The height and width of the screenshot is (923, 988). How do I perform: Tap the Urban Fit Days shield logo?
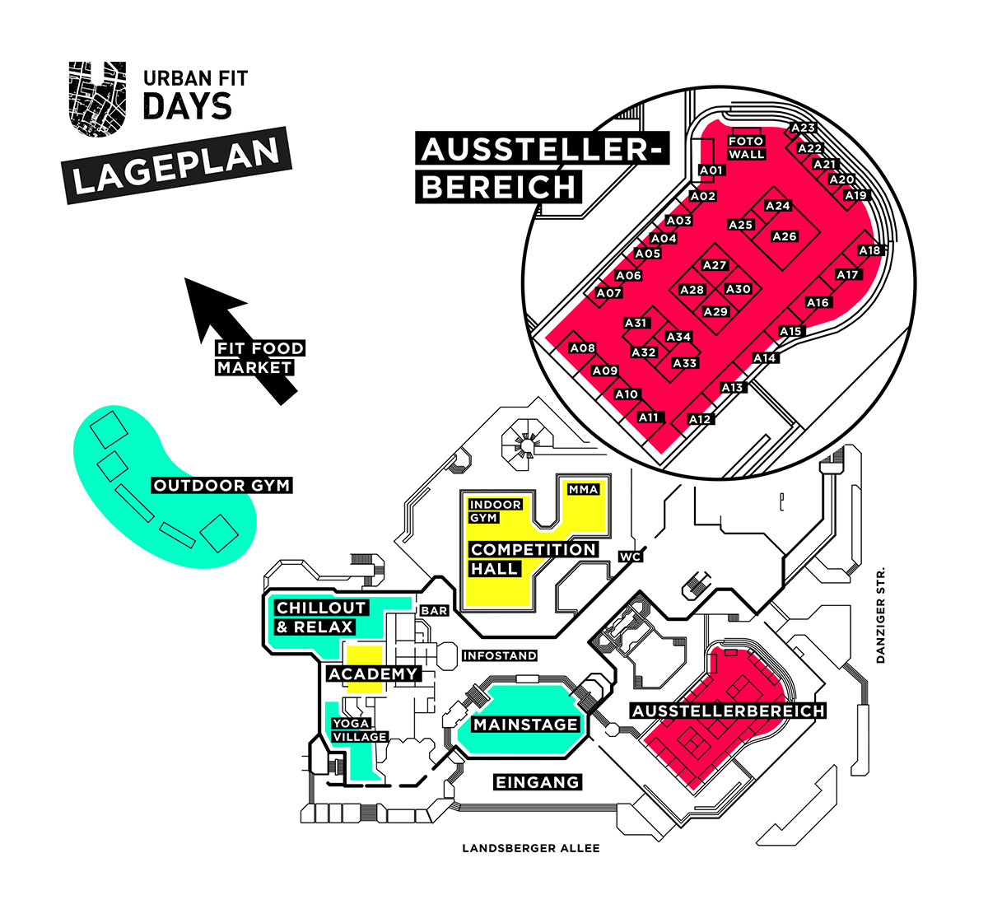tap(97, 97)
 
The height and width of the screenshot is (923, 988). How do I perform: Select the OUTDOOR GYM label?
tap(222, 485)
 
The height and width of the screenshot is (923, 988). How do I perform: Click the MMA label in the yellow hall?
tap(583, 489)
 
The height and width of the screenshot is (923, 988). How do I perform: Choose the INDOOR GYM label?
tap(495, 510)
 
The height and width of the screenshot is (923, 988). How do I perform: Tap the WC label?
tap(630, 557)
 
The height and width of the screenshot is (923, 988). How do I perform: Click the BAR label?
tap(434, 611)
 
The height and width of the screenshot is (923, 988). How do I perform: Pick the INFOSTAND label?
tap(500, 655)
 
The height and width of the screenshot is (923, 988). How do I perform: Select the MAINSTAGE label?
tap(525, 725)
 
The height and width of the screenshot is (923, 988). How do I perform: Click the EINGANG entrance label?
tap(538, 781)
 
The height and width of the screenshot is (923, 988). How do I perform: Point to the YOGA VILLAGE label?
tap(360, 730)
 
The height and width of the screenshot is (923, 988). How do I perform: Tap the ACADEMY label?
tap(373, 674)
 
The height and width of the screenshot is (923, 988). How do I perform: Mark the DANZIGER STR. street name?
tap(880, 614)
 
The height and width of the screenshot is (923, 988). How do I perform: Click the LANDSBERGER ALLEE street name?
tap(531, 848)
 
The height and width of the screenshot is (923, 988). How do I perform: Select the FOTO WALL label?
tap(747, 147)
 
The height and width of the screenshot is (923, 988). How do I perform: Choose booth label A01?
tap(711, 170)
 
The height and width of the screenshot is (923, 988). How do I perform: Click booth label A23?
tap(803, 128)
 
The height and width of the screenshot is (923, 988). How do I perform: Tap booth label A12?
tap(700, 419)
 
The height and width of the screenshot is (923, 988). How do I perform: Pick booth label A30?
tap(739, 289)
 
